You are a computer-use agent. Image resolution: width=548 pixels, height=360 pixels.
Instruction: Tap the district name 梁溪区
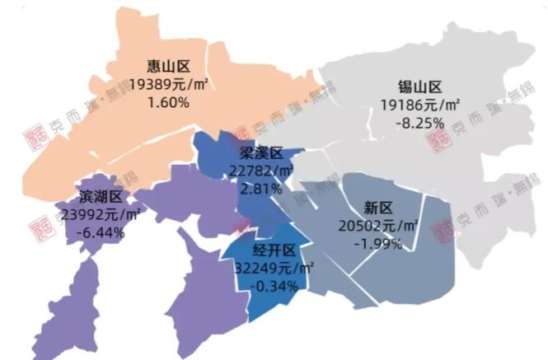pos(261,153)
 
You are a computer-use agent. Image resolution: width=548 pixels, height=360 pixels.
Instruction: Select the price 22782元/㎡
pos(261,171)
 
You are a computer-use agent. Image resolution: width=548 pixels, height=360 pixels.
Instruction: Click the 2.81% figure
pos(260,189)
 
